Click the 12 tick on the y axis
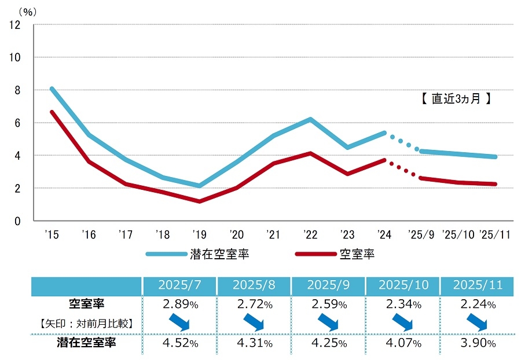click(15, 25)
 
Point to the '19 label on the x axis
click(200, 234)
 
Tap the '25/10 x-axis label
click(458, 234)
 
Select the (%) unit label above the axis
click(26, 10)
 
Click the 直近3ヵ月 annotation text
click(456, 98)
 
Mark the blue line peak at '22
click(310, 119)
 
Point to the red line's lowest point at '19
click(200, 201)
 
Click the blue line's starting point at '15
click(52, 89)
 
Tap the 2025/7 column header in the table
click(179, 285)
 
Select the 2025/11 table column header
click(478, 285)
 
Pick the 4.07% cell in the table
click(403, 343)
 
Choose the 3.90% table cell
click(478, 343)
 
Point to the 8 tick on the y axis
click(17, 90)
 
